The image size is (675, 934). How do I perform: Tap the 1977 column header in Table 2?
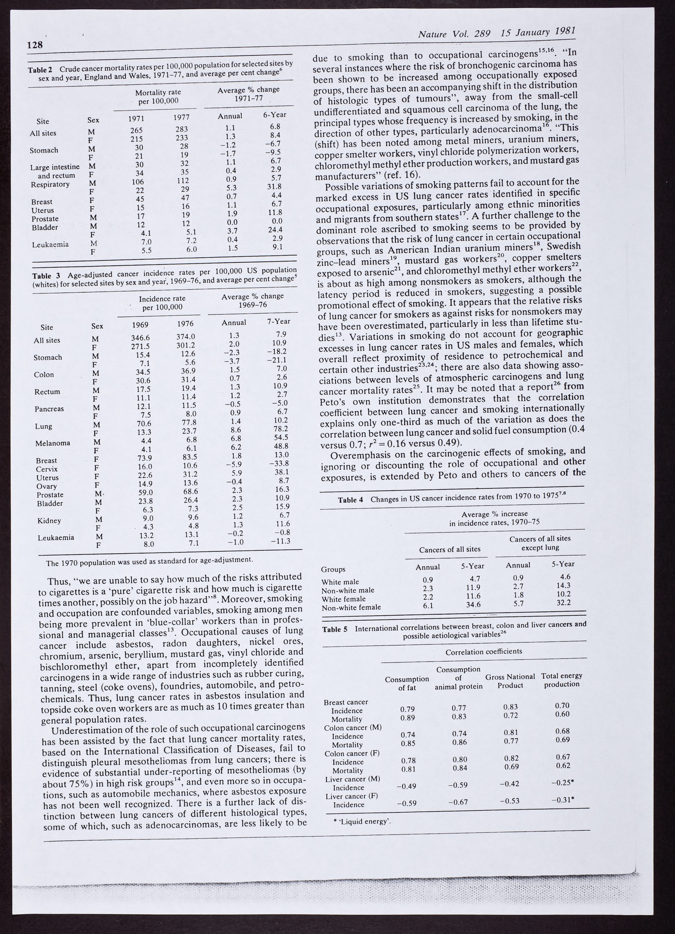click(x=182, y=118)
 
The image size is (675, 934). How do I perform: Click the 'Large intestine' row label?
click(x=55, y=167)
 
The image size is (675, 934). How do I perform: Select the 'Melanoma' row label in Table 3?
click(x=53, y=443)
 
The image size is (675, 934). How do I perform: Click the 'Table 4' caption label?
click(x=350, y=500)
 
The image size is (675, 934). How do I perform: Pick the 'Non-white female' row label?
click(x=351, y=608)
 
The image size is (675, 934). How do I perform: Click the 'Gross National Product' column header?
click(x=510, y=681)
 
